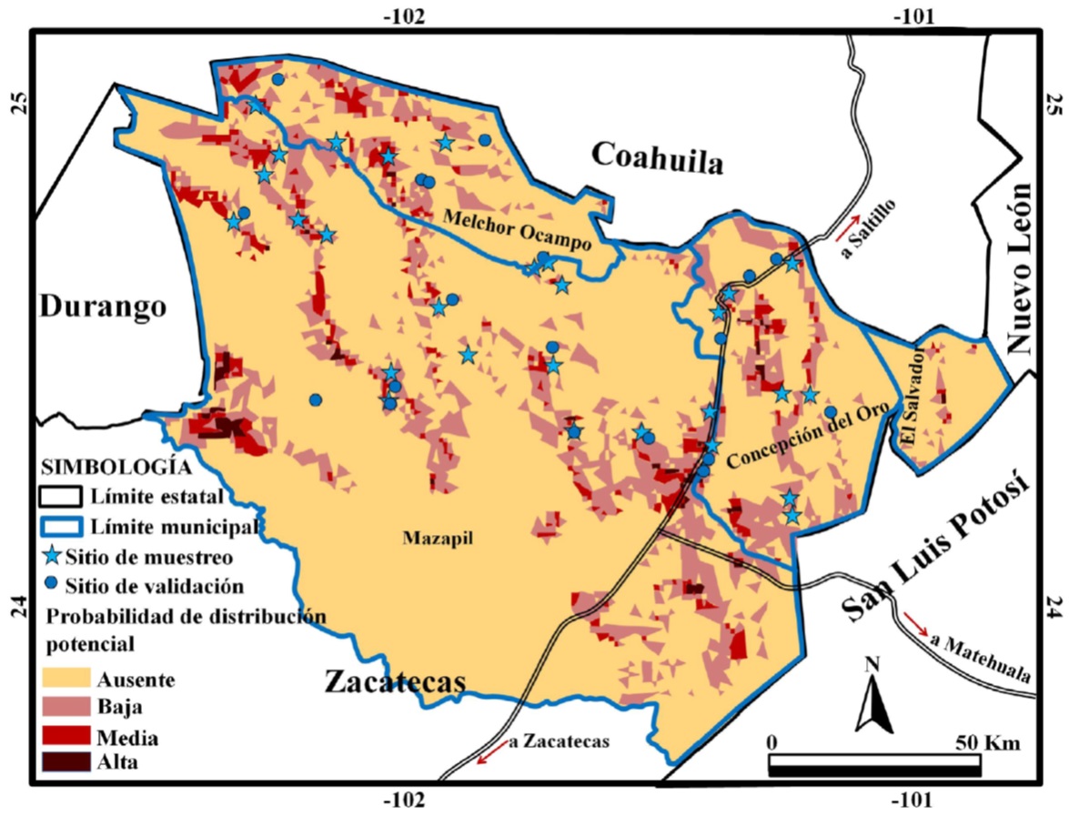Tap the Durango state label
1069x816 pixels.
tap(103, 307)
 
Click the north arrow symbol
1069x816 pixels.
tap(872, 700)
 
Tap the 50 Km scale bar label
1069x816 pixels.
tap(987, 741)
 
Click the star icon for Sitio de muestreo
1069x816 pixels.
tap(54, 555)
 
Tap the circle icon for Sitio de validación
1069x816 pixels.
tap(53, 583)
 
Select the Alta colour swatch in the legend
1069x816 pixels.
tap(66, 761)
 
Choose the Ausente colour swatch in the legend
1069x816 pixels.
tap(66, 678)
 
